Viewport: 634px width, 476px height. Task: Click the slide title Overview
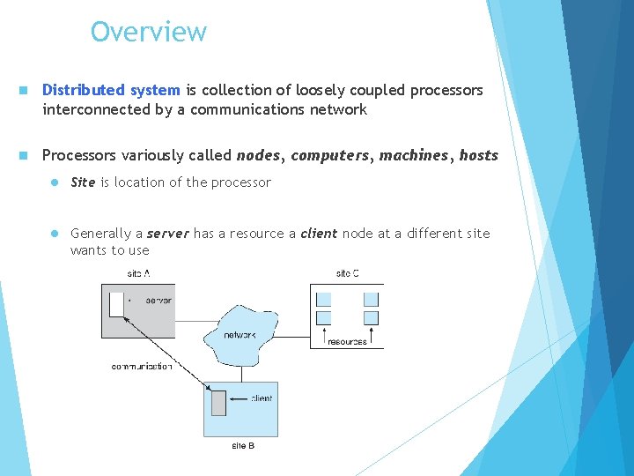tap(148, 32)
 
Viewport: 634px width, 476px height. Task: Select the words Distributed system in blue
tap(111, 91)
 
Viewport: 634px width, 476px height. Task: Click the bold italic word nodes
tap(259, 156)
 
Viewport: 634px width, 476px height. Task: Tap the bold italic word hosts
tap(478, 156)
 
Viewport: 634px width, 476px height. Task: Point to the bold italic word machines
tap(414, 156)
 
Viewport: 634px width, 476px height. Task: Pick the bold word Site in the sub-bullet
tap(83, 182)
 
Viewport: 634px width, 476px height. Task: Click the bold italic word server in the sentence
tap(167, 234)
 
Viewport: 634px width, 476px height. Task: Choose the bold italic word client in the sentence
tap(319, 234)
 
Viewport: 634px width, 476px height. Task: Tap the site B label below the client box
tap(243, 446)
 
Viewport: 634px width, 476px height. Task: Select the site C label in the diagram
tap(347, 274)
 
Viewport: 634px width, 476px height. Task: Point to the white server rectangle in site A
tap(116, 304)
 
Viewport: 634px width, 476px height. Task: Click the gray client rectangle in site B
tap(218, 402)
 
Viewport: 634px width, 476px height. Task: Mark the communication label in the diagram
tap(142, 367)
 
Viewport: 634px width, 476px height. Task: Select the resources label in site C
tap(347, 342)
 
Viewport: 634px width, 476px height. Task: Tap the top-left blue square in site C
tap(323, 299)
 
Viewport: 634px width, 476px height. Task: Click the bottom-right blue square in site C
tap(371, 317)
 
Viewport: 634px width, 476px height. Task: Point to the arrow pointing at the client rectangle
tap(238, 398)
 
